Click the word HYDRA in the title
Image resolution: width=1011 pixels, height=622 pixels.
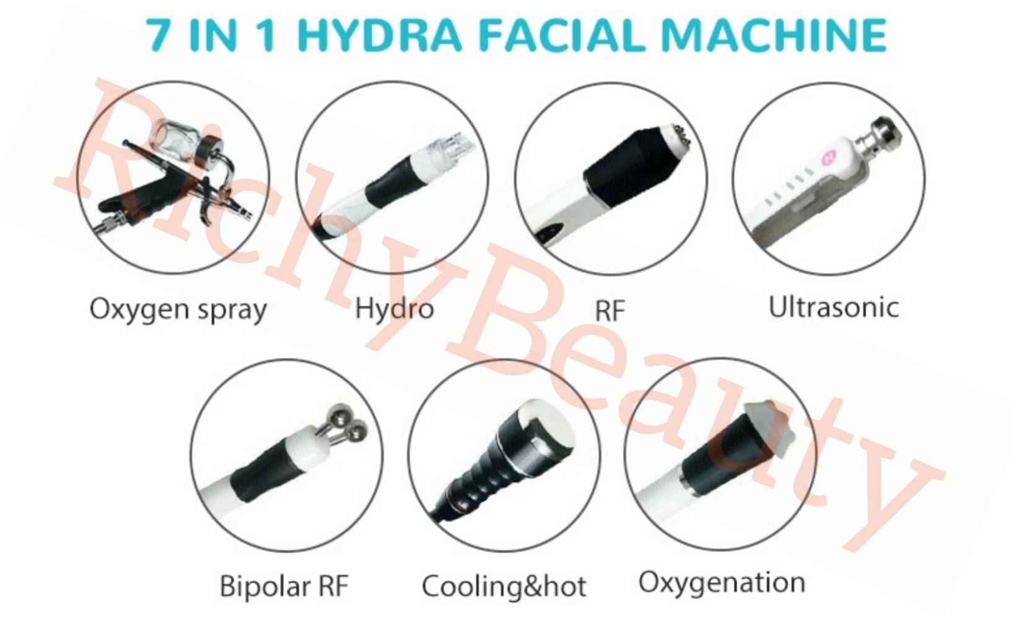pyautogui.click(x=380, y=35)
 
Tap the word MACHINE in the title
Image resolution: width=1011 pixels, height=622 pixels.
pyautogui.click(x=774, y=35)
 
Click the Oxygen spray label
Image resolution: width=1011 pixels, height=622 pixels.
pyautogui.click(x=178, y=309)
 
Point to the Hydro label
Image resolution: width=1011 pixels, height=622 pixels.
pyautogui.click(x=394, y=309)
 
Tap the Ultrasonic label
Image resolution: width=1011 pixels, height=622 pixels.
pyautogui.click(x=833, y=307)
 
